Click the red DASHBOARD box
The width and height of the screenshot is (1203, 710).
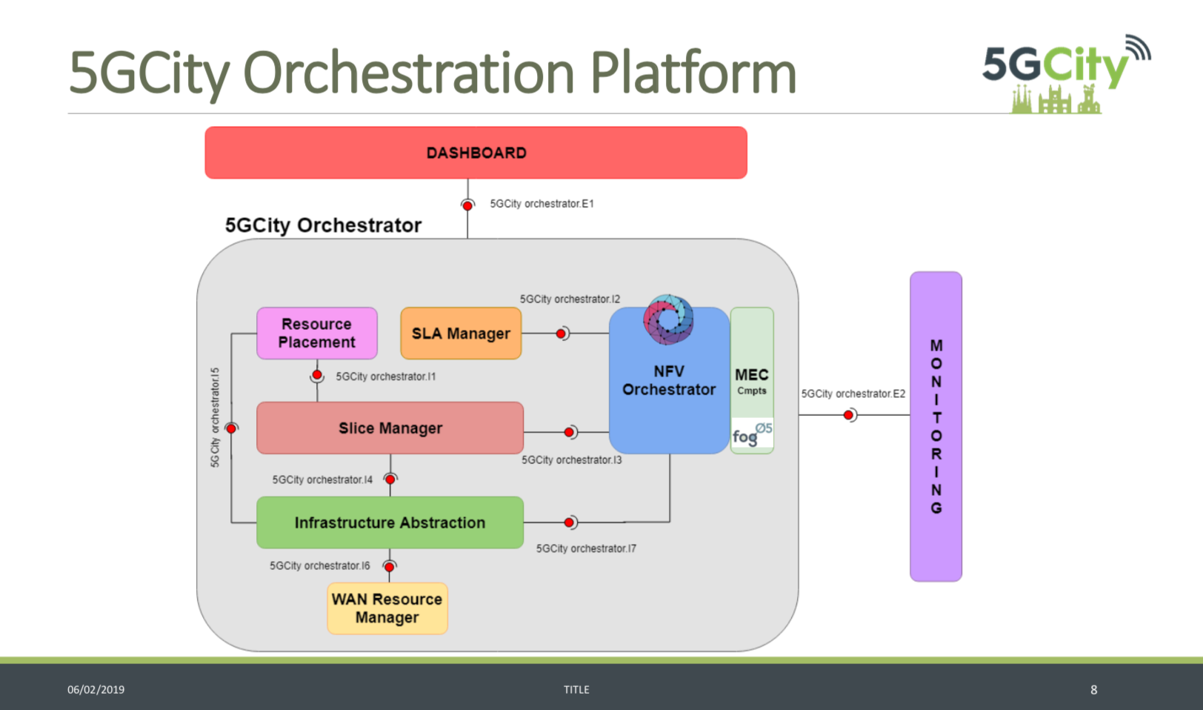[x=476, y=153]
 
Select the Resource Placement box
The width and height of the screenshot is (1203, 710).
[x=317, y=333]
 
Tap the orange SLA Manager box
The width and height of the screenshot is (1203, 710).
[x=461, y=334]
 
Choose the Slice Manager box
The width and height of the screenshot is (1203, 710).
[x=390, y=428]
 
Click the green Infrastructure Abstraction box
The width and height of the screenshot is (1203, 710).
[x=390, y=522]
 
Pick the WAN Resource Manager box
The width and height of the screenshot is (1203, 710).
[x=387, y=608]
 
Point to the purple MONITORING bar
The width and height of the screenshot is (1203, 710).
[x=936, y=426]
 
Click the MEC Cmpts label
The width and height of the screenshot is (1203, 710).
[x=751, y=381]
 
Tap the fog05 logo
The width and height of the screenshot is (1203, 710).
[x=752, y=434]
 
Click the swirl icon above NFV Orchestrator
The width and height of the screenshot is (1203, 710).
[x=668, y=319]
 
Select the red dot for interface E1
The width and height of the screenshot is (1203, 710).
[x=467, y=205]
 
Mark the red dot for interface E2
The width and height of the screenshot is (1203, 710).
[x=849, y=415]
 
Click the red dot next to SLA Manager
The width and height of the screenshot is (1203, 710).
[x=561, y=334]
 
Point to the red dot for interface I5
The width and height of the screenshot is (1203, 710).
[x=231, y=428]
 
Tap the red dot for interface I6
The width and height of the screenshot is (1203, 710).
[x=390, y=567]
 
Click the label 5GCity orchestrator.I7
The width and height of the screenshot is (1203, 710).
[x=586, y=548]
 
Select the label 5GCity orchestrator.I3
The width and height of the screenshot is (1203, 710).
[x=571, y=460]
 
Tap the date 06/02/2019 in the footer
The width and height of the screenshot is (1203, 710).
[x=96, y=689]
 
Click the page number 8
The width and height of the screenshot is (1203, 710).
[x=1093, y=689]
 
